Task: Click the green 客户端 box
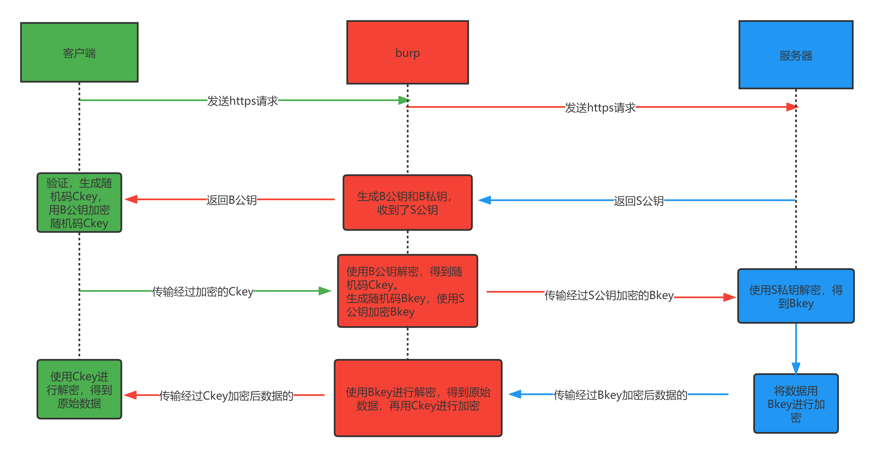pyautogui.click(x=79, y=52)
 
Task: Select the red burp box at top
pyautogui.click(x=407, y=52)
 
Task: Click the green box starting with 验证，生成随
pyautogui.click(x=79, y=203)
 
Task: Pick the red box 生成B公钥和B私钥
pyautogui.click(x=407, y=203)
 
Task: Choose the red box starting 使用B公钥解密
pyautogui.click(x=407, y=291)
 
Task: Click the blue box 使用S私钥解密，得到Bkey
pyautogui.click(x=796, y=296)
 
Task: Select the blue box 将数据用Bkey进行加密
pyautogui.click(x=796, y=403)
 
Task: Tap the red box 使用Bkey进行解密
pyautogui.click(x=418, y=398)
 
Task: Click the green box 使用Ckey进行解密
pyautogui.click(x=79, y=390)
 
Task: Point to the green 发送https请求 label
pyautogui.click(x=242, y=101)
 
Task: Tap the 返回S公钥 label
pyautogui.click(x=638, y=201)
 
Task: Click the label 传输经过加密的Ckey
pyautogui.click(x=202, y=292)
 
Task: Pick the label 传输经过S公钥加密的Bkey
pyautogui.click(x=609, y=295)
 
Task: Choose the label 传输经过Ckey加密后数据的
pyautogui.click(x=226, y=395)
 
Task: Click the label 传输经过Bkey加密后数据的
pyautogui.click(x=620, y=395)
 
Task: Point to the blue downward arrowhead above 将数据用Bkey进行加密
pyautogui.click(x=796, y=368)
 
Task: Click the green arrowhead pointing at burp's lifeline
pyautogui.click(x=404, y=100)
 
